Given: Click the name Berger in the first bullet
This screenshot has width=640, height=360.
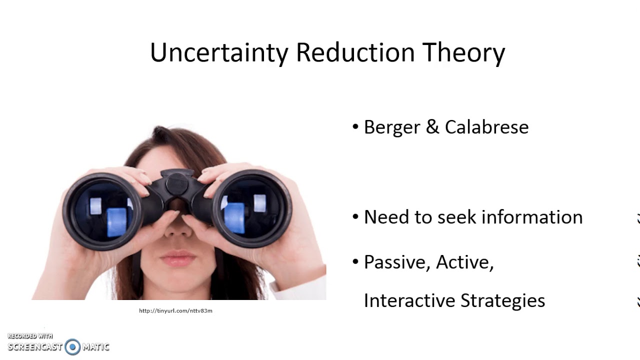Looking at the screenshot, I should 391,127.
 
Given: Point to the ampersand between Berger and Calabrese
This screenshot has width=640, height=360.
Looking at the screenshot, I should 432,127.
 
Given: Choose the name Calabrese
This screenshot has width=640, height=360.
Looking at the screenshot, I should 486,127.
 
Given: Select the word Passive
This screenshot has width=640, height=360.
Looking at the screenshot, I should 397,262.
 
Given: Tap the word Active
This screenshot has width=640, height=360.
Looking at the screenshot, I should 464,262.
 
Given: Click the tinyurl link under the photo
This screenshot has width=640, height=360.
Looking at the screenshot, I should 175,311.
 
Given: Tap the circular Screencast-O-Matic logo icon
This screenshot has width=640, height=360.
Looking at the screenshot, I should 72,346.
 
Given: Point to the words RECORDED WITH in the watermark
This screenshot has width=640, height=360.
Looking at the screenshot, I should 30,336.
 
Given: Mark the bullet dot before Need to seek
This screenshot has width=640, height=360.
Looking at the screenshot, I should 355,217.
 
